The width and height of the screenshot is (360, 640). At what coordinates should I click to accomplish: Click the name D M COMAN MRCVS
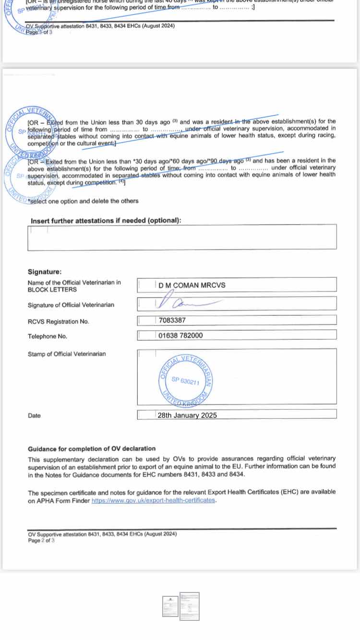pyautogui.click(x=192, y=285)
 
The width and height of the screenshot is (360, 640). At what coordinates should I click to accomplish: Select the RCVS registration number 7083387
pyautogui.click(x=172, y=321)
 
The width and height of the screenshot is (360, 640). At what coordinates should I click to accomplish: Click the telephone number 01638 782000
pyautogui.click(x=180, y=336)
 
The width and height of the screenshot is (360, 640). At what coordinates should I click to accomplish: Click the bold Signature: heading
pyautogui.click(x=45, y=272)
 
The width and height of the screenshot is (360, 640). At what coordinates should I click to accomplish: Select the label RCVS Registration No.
pyautogui.click(x=58, y=321)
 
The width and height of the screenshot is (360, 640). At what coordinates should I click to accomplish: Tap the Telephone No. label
pyautogui.click(x=47, y=336)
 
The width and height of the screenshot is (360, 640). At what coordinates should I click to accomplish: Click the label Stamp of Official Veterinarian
pyautogui.click(x=67, y=354)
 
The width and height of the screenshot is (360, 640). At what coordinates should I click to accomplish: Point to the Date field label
pyautogui.click(x=34, y=416)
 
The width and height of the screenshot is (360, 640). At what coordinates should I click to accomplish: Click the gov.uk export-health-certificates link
pyautogui.click(x=154, y=500)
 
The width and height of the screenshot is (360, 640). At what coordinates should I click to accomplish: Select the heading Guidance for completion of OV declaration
pyautogui.click(x=92, y=449)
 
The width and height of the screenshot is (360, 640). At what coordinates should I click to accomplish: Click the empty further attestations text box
pyautogui.click(x=181, y=237)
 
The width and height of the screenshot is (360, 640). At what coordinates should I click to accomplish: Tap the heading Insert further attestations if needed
pyautogui.click(x=106, y=221)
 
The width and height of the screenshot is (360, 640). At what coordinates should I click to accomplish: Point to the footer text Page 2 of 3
pyautogui.click(x=41, y=540)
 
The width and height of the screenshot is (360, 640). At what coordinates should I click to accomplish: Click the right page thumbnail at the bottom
pyautogui.click(x=189, y=606)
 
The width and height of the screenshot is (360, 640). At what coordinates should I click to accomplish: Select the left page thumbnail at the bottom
pyautogui.click(x=170, y=606)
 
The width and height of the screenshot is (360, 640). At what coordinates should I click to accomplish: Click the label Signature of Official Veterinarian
pyautogui.click(x=71, y=305)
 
